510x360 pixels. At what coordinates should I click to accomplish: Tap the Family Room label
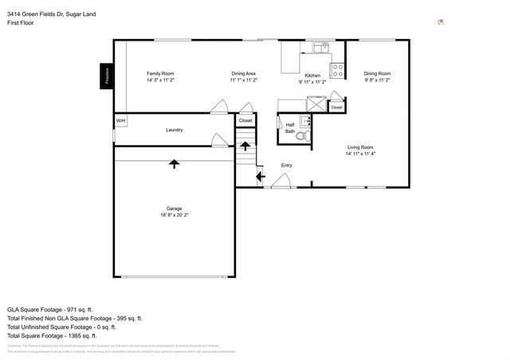pyautogui.click(x=160, y=73)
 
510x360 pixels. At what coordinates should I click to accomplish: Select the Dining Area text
pyautogui.click(x=243, y=73)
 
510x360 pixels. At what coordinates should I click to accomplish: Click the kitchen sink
pyautogui.click(x=321, y=47)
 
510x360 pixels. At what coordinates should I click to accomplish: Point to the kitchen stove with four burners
pyautogui.click(x=338, y=70)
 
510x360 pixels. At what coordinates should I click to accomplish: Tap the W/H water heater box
pyautogui.click(x=120, y=120)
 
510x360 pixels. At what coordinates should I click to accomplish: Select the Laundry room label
pyautogui.click(x=175, y=130)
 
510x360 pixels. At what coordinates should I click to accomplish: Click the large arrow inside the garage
pyautogui.click(x=174, y=163)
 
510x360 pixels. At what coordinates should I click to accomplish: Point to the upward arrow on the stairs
pyautogui.click(x=245, y=146)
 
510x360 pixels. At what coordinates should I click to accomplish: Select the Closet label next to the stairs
pyautogui.click(x=245, y=120)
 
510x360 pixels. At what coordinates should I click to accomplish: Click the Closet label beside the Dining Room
pyautogui.click(x=336, y=107)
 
